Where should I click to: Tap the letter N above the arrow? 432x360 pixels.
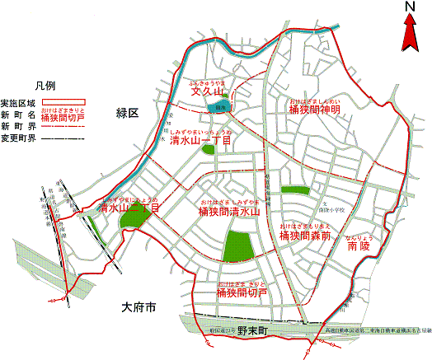tap(410, 7)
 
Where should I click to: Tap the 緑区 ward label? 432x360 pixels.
tap(129, 112)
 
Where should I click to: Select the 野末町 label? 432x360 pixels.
tap(253, 330)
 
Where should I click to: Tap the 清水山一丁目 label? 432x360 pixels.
tap(201, 140)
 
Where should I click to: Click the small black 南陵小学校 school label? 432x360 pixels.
tap(331, 210)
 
